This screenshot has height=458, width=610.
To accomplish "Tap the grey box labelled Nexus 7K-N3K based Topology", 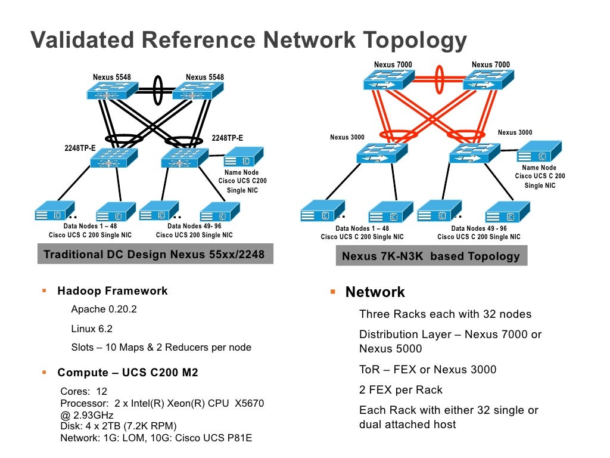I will [x=431, y=256].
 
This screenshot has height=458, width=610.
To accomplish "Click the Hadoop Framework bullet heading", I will [x=112, y=291].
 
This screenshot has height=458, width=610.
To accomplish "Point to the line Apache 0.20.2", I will [x=104, y=309].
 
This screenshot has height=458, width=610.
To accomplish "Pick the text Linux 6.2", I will [x=91, y=329].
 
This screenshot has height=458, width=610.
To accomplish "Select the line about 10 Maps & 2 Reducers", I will [x=161, y=347].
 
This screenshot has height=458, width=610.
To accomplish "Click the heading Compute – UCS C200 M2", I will [x=127, y=373].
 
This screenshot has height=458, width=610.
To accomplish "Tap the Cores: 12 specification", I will [x=84, y=392].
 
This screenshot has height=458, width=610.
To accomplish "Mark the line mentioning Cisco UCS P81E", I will [x=156, y=438].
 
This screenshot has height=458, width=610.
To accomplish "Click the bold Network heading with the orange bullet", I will [x=375, y=292].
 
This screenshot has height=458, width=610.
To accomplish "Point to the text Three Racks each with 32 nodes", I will [x=445, y=314].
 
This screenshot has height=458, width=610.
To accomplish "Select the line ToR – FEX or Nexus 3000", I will [x=428, y=370].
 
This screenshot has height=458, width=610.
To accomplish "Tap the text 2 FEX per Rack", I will [x=401, y=390].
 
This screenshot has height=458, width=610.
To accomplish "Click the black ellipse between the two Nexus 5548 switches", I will [x=158, y=90].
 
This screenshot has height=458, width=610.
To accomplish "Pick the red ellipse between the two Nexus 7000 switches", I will [x=440, y=79].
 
